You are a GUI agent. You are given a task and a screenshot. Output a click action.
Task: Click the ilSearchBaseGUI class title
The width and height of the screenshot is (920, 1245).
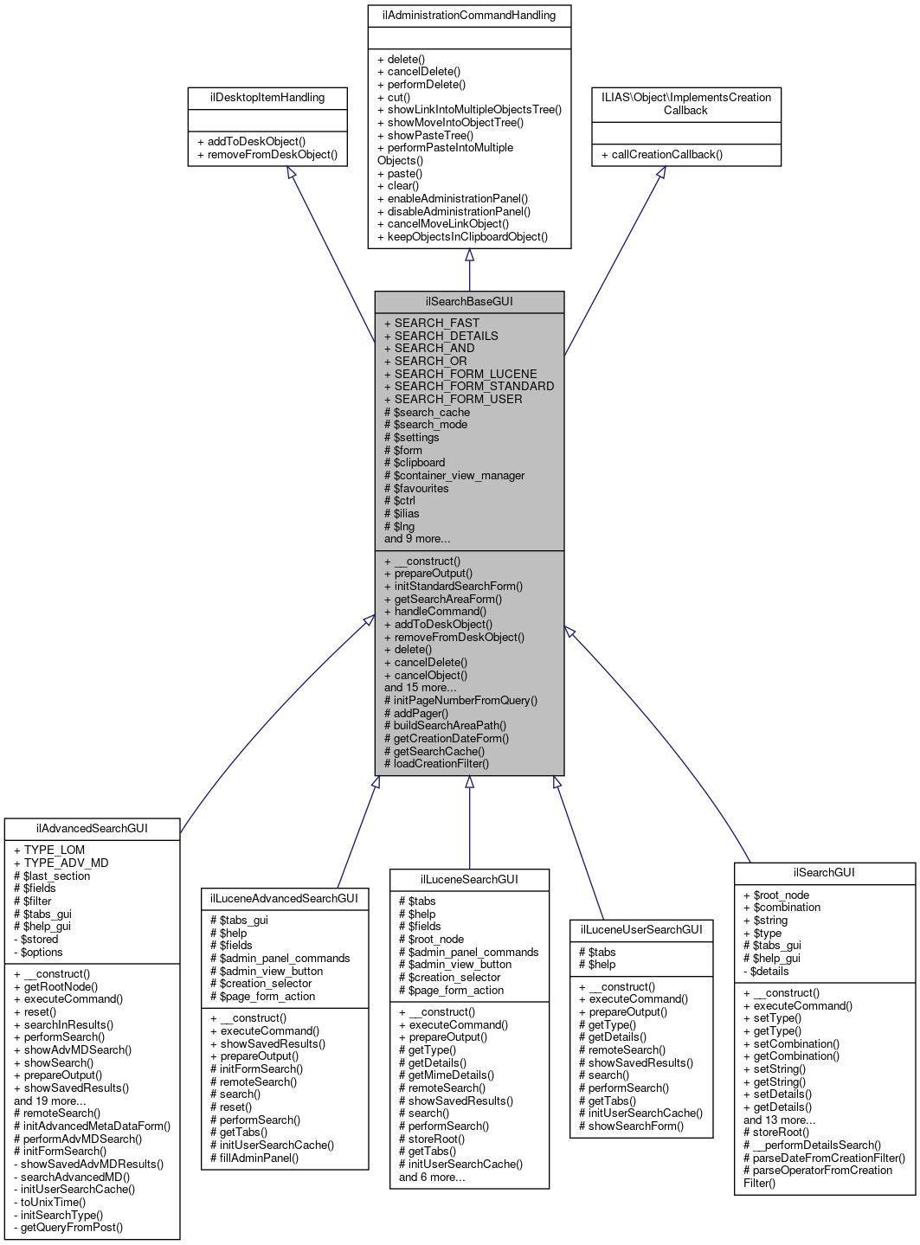pos(469,302)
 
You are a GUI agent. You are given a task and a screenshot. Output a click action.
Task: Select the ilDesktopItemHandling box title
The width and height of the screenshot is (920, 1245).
pos(267,98)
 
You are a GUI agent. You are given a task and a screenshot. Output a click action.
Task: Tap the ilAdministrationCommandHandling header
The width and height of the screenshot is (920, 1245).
pos(469,16)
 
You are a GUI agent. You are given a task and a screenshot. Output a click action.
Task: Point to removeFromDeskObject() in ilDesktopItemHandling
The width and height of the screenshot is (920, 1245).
pos(267,155)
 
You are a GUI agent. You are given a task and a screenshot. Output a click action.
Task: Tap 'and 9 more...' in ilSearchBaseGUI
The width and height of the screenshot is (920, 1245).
pos(417,538)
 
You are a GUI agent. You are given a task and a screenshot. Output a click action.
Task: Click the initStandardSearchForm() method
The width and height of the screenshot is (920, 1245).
pos(458,586)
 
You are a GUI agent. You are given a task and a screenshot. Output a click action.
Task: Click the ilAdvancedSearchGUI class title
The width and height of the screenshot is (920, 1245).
pos(92,829)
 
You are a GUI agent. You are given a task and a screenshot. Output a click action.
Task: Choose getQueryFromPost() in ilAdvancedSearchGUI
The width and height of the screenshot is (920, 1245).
pos(71,1227)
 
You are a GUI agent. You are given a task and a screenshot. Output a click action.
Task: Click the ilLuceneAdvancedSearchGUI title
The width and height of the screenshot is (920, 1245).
pos(284,899)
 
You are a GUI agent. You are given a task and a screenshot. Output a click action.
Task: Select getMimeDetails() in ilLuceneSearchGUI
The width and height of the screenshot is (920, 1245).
pos(451,1075)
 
